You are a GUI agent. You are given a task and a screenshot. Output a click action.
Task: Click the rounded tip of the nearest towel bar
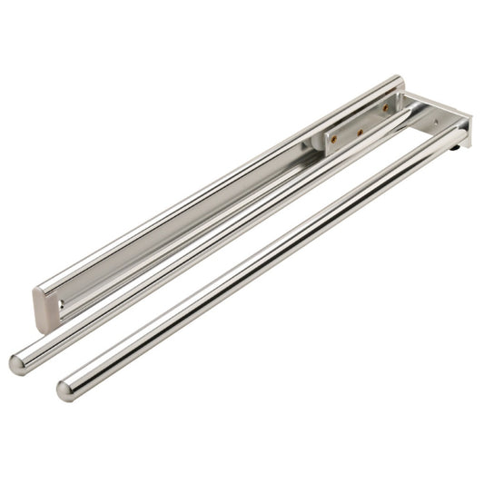[x=65, y=390]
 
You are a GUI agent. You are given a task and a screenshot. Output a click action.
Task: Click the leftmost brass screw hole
[x=333, y=140]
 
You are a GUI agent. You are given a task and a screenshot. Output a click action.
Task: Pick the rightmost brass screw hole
[x=385, y=108]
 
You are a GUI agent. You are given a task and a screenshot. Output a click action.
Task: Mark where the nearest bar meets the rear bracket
[x=454, y=136]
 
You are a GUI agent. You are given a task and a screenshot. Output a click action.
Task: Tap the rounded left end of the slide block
[x=321, y=144]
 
